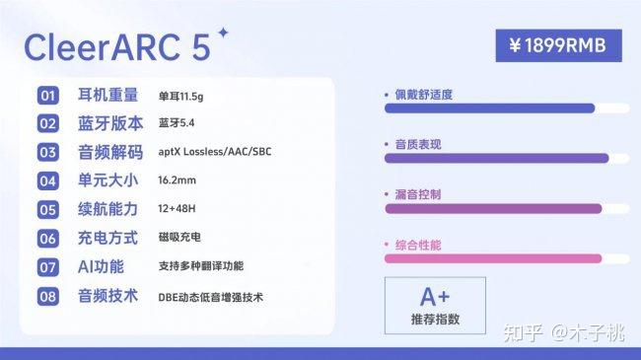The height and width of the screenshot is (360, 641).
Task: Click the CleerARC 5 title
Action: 117,47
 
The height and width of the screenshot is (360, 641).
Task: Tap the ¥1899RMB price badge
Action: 558,45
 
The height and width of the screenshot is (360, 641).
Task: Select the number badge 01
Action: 48,96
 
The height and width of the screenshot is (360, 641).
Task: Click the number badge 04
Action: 48,181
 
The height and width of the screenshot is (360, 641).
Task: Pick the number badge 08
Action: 48,296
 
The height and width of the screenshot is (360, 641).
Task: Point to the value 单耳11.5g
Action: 180,97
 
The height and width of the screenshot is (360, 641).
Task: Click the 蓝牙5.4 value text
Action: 177,123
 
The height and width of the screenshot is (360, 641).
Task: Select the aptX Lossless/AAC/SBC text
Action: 215,152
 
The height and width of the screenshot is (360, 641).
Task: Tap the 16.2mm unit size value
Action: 177,180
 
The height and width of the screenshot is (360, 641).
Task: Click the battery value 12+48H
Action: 177,209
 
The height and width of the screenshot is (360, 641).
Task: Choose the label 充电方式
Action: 107,238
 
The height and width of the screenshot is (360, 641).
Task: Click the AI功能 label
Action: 101,266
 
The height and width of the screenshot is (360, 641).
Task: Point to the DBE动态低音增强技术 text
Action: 210,298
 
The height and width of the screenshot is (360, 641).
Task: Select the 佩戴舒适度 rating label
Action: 423,95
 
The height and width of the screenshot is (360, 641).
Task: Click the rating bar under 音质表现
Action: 497,159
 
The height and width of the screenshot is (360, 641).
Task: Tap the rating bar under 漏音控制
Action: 493,209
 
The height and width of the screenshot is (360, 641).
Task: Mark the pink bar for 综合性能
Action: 493,258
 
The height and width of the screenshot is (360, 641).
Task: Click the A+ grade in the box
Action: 435,297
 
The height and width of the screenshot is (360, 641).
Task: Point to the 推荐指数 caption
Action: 435,320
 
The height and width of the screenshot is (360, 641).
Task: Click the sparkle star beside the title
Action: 223,33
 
